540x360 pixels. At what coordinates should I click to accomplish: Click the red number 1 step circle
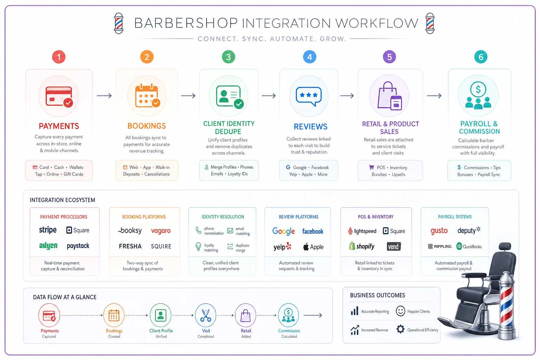tap(59, 57)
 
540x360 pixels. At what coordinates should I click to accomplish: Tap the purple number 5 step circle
tap(389, 57)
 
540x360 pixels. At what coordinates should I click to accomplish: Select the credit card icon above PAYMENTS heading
tap(59, 96)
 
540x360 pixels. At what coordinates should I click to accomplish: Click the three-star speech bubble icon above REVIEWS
tap(309, 96)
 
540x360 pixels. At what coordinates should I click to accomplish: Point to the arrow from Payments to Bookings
tap(104, 96)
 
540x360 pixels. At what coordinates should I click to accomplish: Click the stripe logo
tap(48, 230)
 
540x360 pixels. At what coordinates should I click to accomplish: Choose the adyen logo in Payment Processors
tap(48, 246)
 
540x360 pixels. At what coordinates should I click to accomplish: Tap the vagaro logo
tap(161, 231)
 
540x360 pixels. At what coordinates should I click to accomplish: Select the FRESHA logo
tap(130, 246)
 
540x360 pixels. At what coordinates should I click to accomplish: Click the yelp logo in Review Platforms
tap(282, 247)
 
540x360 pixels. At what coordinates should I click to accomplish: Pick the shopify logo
tap(362, 246)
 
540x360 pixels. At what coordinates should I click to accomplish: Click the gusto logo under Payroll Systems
tap(439, 231)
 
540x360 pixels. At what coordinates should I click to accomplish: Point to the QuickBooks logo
tap(469, 246)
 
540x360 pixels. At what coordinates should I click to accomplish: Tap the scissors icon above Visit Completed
tap(206, 315)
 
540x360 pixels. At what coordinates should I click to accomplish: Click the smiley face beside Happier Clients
tap(400, 311)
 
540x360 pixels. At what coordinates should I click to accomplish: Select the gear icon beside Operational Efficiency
tap(400, 329)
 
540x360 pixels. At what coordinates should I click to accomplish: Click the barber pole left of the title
tap(118, 24)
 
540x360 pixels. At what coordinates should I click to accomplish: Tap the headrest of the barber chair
tap(505, 246)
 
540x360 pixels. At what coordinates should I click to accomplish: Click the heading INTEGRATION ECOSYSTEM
tap(63, 200)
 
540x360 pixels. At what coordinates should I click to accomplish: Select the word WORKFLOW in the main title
tap(377, 23)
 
